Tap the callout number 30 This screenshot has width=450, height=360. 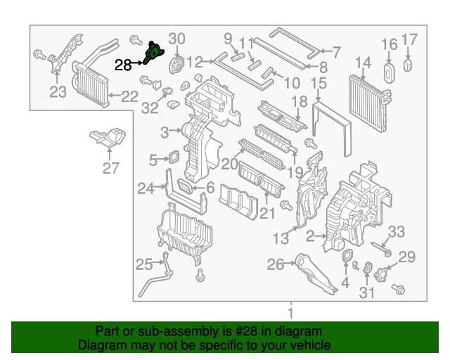(177, 39)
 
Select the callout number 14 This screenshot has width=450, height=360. (362, 64)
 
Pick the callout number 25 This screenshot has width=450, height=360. (143, 264)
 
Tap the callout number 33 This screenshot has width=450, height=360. (397, 231)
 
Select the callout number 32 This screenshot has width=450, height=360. (149, 108)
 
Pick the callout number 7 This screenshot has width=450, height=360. (335, 51)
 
